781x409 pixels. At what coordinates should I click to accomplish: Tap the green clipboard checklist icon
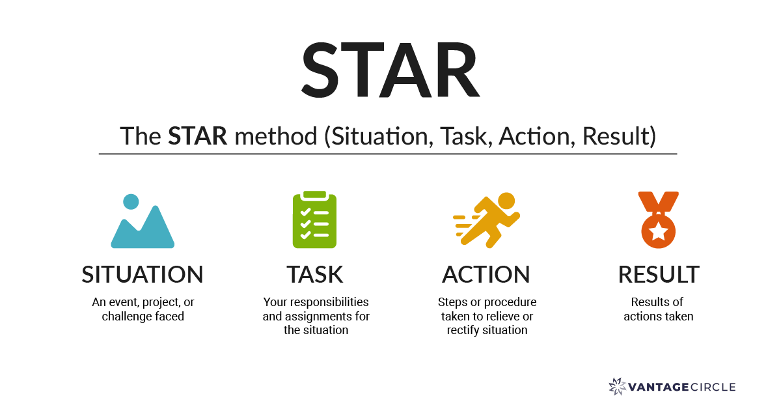(314, 220)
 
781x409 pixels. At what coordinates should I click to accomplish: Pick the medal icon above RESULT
(659, 219)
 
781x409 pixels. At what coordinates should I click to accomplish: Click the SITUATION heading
(143, 274)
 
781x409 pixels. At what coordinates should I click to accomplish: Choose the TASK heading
(315, 274)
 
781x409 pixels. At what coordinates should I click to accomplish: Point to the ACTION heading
(486, 274)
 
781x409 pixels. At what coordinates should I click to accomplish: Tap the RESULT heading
(659, 274)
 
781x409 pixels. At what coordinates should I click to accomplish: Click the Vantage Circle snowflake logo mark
(617, 387)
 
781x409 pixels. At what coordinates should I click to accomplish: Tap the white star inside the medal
(659, 231)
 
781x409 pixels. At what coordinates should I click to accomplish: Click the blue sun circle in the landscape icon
(131, 201)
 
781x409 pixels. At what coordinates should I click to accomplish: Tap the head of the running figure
(506, 200)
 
